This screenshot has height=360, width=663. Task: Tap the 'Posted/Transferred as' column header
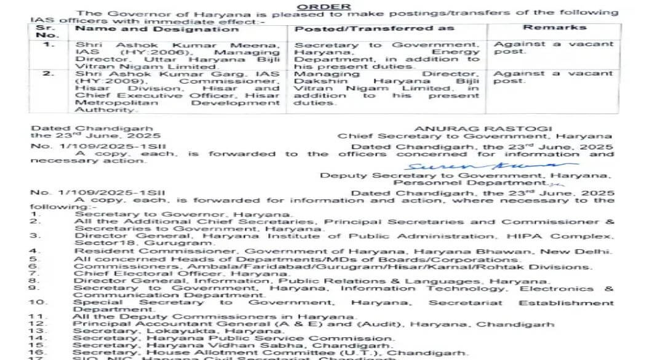click(x=374, y=28)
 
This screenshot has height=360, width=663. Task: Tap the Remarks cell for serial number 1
click(x=554, y=48)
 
